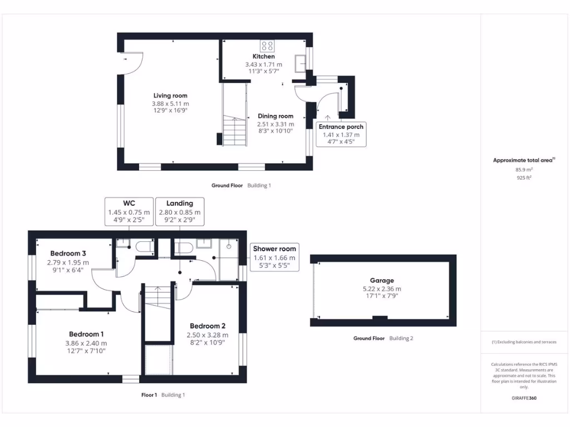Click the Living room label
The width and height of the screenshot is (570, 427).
click(170, 96)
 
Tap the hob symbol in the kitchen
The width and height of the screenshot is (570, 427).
click(267, 46)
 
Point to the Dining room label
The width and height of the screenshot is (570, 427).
click(275, 116)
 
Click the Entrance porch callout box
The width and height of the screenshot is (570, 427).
click(341, 134)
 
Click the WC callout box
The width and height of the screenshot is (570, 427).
click(129, 212)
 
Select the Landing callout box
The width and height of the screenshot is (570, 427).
click(179, 212)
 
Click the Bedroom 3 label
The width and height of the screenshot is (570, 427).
click(68, 254)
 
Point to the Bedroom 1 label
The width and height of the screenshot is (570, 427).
click(86, 334)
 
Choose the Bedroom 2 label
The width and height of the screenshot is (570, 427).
click(207, 326)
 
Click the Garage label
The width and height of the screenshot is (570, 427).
click(382, 281)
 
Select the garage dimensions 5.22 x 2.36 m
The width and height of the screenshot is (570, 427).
click(382, 289)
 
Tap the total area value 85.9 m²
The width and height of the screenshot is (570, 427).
click(523, 170)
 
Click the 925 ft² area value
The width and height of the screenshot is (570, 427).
click(523, 178)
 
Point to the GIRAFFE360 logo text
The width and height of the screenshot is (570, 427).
click(523, 398)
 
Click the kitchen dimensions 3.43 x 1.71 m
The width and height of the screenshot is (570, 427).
click(263, 64)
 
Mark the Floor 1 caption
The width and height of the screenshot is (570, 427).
click(149, 395)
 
